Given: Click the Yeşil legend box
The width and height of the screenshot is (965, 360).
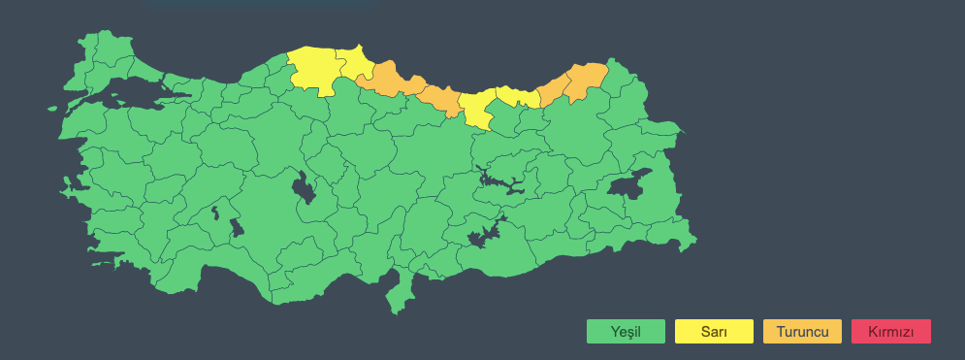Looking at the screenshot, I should click(x=626, y=332).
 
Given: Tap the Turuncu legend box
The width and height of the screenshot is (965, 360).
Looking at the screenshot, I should click(x=802, y=332).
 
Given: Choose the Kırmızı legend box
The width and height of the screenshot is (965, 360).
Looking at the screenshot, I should click(x=890, y=332).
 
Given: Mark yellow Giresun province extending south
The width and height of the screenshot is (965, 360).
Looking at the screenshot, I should click(x=476, y=110).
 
